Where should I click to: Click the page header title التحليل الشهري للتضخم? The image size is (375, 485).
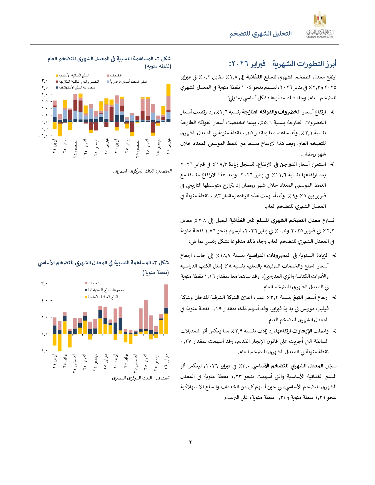coord(260,34)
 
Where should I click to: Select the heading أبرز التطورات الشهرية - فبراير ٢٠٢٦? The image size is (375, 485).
coord(282,63)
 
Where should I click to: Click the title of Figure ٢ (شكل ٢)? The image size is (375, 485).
coord(109,59)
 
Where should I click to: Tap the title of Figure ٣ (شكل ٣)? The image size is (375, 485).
coord(103,263)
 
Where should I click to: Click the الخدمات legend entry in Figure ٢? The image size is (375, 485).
coord(114,76)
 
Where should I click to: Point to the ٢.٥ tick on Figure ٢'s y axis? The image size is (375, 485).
coord(44,88)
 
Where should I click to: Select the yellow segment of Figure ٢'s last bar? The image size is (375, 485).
coord(169,90)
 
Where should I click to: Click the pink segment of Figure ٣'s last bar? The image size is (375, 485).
coord(166,296)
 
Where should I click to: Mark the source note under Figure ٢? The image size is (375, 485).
coord(142,171)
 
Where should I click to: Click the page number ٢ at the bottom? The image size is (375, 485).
coord(190,442)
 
